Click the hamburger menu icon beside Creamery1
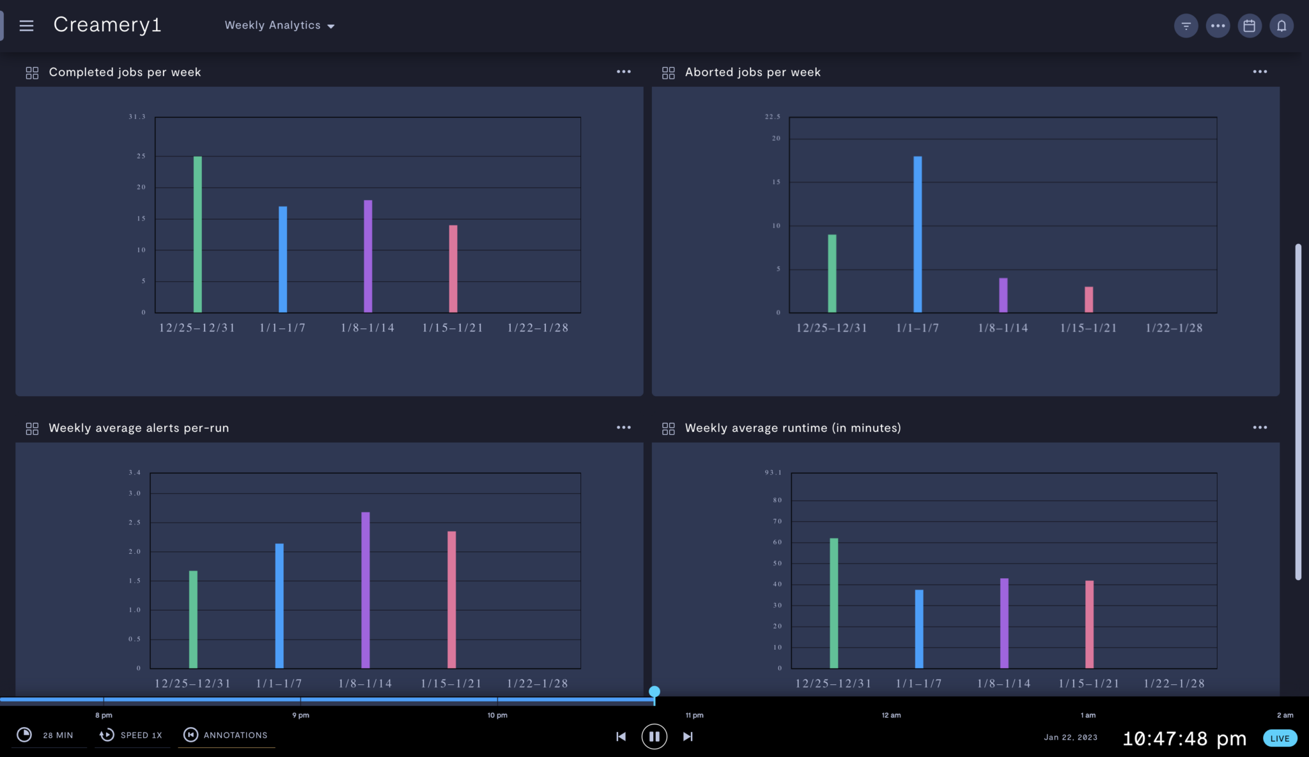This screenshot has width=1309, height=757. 26,26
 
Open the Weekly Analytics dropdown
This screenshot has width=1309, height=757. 279,26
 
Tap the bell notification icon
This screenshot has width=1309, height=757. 1281,26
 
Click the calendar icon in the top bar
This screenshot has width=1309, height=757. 1249,26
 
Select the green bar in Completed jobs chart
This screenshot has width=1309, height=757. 198,234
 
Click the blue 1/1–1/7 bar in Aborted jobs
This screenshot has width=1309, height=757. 917,234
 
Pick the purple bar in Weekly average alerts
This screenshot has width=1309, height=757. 365,590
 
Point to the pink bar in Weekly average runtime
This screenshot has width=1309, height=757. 1089,624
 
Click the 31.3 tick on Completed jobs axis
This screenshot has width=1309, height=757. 137,117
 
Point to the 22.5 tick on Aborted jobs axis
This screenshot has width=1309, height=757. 772,117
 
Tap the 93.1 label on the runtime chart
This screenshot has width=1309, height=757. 773,473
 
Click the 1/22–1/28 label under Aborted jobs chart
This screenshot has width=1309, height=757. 1173,328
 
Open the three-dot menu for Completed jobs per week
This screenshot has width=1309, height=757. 623,72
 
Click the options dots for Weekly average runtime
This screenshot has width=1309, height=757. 1259,427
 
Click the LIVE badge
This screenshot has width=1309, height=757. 1279,738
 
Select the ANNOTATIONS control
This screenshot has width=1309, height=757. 227,735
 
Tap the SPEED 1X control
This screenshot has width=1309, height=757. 132,735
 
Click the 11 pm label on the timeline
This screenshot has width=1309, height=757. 694,715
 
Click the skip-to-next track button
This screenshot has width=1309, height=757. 688,737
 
